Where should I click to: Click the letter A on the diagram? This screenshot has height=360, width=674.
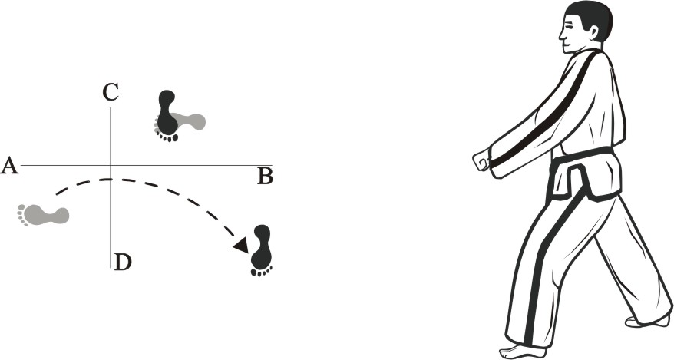click(x=10, y=165)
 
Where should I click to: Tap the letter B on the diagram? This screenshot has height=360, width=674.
click(x=265, y=177)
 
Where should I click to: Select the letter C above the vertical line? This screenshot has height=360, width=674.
click(x=111, y=94)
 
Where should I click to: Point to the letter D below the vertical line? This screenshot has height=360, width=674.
click(x=123, y=262)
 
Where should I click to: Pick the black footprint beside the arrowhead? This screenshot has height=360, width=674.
click(x=263, y=250)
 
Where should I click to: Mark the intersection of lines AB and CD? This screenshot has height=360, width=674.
click(x=111, y=165)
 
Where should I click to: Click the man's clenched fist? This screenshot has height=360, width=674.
click(x=482, y=160)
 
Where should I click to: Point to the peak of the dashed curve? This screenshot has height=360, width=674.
click(x=111, y=180)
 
